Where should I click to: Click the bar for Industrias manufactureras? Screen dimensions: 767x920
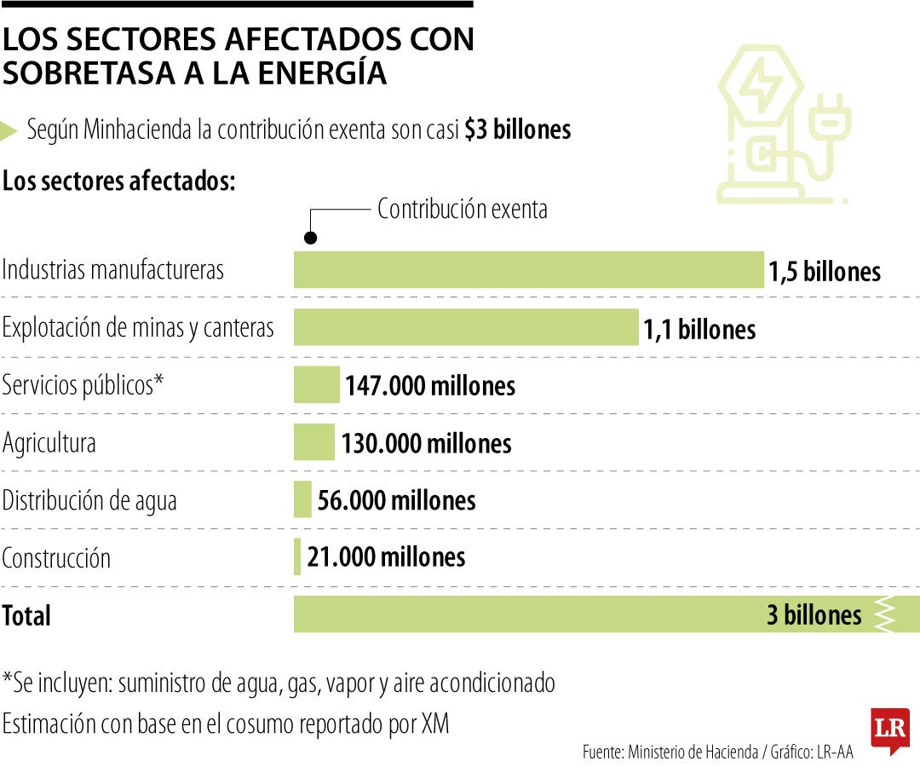tap(528, 269)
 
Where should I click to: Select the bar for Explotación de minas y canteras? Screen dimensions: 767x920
tap(466, 327)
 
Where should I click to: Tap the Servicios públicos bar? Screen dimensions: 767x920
tap(316, 385)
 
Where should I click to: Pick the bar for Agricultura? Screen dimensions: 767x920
tap(314, 442)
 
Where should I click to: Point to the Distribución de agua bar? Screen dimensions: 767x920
tap(302, 499)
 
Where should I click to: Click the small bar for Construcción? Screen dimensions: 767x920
tap(297, 557)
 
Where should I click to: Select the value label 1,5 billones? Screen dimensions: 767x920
tap(824, 272)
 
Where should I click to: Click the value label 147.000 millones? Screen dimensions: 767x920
tap(430, 386)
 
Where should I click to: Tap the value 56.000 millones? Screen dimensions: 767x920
tap(396, 500)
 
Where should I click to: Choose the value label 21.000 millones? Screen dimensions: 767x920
tap(386, 557)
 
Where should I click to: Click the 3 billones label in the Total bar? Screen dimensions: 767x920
tap(814, 614)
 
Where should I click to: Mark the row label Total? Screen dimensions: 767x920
tap(26, 615)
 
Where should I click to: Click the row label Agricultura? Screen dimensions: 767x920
tap(49, 443)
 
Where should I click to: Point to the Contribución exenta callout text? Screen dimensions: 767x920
tap(462, 209)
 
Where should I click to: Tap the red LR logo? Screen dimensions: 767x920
tap(889, 730)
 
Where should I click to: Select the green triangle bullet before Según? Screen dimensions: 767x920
tap(9, 131)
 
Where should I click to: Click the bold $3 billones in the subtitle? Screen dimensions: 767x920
tap(517, 130)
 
